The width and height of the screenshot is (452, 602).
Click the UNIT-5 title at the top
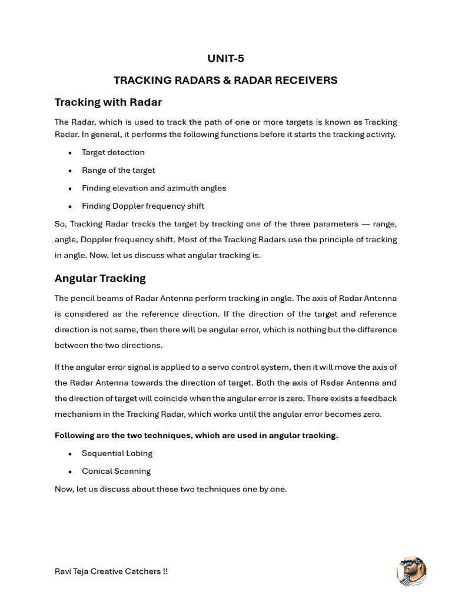click(225, 58)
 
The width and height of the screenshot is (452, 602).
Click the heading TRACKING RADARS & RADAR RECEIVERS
click(225, 80)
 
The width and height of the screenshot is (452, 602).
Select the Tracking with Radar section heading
click(108, 102)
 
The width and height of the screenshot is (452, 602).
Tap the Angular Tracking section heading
click(100, 278)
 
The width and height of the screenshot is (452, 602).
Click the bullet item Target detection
click(113, 152)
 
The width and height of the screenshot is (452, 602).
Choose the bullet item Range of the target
click(118, 170)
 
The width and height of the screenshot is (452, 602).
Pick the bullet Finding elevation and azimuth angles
click(154, 188)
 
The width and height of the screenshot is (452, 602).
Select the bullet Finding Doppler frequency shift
click(143, 206)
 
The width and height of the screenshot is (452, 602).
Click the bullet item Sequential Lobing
click(117, 453)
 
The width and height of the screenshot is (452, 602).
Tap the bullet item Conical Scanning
click(116, 471)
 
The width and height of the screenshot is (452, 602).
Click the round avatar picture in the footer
click(412, 571)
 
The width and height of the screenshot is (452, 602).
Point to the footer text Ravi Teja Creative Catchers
click(111, 571)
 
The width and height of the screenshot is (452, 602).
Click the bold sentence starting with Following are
click(196, 436)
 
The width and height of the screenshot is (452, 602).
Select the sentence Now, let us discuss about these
click(171, 489)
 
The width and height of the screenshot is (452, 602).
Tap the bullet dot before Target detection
click(70, 153)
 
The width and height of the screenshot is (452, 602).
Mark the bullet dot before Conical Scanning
click(70, 471)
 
